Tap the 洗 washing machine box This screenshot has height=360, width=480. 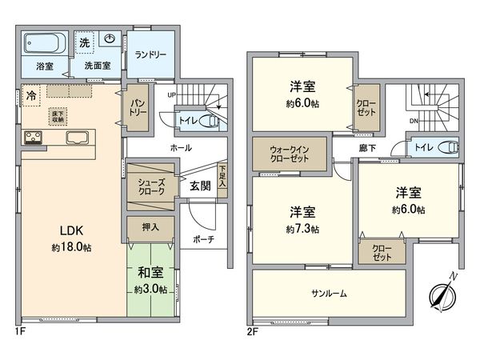pyautogui.click(x=85, y=41)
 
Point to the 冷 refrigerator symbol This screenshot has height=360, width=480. pyautogui.click(x=30, y=94)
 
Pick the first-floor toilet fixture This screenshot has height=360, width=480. pyautogui.click(x=210, y=119)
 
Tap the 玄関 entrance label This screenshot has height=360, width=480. pyautogui.click(x=200, y=186)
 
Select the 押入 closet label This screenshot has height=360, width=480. pyautogui.click(x=150, y=226)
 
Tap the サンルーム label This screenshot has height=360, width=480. pyautogui.click(x=329, y=294)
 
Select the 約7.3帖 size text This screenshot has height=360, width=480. pyautogui.click(x=302, y=229)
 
